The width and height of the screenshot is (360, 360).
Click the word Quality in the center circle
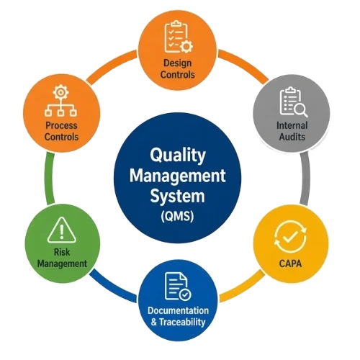178,156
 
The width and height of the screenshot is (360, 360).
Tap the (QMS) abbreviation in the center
177,216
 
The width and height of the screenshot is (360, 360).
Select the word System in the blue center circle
177,196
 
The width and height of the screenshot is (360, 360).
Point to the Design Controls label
177,68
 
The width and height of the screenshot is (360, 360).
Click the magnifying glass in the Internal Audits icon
301,111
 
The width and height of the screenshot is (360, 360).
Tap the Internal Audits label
292,131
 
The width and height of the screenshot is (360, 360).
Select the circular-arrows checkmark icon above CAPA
290,237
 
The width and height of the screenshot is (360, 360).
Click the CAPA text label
290,264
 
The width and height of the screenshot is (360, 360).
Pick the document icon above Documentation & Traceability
178,286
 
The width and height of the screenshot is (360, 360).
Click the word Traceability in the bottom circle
182,322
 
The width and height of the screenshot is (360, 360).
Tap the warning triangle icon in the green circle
62,230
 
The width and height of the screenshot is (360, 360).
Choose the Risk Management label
62,258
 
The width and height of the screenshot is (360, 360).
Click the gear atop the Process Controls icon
60,92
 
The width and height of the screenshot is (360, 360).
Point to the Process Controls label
61,131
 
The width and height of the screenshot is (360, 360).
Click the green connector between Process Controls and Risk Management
49,179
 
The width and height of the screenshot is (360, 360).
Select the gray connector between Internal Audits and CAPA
305,179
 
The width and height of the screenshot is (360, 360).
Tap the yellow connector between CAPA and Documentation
243,287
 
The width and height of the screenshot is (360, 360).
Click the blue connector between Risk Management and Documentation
113,287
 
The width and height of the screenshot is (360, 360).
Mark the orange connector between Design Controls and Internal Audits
243,64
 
